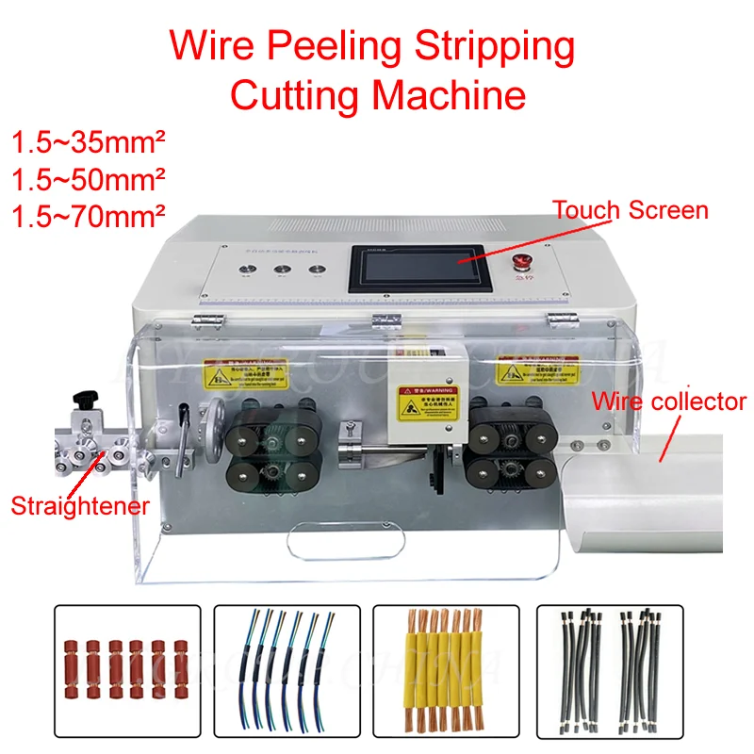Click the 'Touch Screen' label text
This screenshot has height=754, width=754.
point(630,209)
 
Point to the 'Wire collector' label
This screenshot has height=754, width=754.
point(668,402)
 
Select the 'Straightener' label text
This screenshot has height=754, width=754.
point(80,506)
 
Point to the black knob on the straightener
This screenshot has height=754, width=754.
point(90,402)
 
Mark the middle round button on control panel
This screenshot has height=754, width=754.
point(283,270)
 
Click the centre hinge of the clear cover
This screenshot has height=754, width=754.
point(382,320)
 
